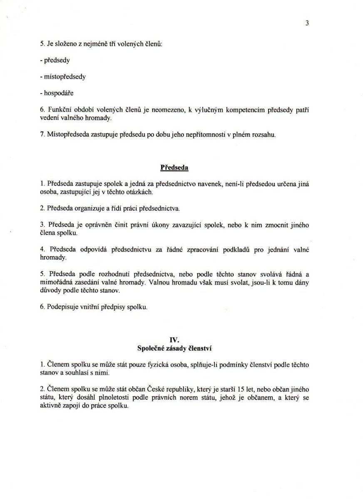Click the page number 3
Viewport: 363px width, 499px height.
click(307, 23)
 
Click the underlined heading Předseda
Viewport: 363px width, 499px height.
click(174, 168)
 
